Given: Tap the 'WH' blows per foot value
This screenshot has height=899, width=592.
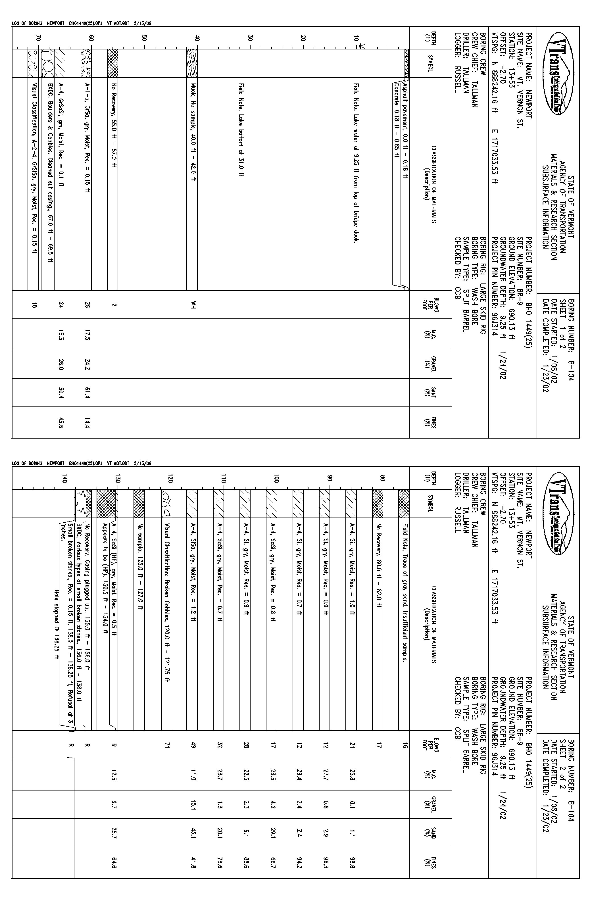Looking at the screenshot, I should tap(192, 304).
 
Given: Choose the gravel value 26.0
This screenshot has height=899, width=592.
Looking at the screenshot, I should tap(61, 364).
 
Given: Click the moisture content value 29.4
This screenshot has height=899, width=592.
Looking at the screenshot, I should tap(299, 773).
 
